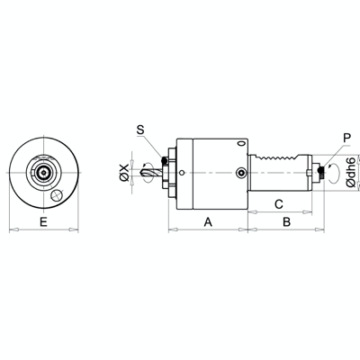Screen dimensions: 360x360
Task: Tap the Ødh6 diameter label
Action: pyautogui.click(x=349, y=171)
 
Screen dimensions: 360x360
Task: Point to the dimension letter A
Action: pyautogui.click(x=208, y=220)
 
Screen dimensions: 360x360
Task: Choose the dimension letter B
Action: pyautogui.click(x=284, y=220)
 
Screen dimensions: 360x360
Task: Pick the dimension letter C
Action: pyautogui.click(x=279, y=202)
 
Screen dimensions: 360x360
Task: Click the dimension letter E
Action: pyautogui.click(x=44, y=220)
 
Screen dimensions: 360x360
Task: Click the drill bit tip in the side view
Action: pyautogui.click(x=137, y=171)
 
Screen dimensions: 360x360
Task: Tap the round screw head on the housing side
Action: pyautogui.click(x=240, y=172)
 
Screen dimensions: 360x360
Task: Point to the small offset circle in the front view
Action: pyautogui.click(x=56, y=193)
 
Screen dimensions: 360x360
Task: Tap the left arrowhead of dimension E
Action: pyautogui.click(x=10, y=230)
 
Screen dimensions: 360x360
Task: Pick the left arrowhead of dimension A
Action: pyautogui.click(x=171, y=230)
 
